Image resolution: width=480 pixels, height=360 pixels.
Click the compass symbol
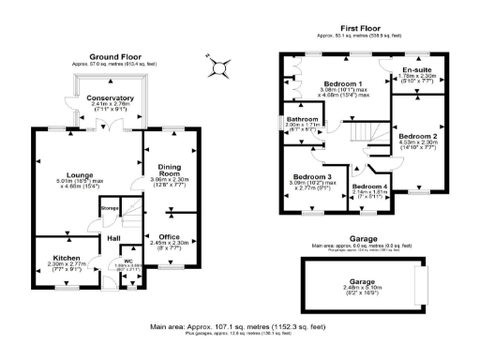click(218, 67)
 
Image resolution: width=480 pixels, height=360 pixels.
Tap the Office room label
click(169, 236)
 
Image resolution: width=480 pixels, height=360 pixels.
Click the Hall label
click(113, 238)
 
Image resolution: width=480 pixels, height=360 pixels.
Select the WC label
click(127, 262)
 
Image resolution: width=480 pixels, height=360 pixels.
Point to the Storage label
click(109, 208)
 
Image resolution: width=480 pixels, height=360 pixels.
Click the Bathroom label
click(302, 118)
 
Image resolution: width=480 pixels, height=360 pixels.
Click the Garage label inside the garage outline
click(354, 281)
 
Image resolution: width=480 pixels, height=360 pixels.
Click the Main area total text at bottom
click(238, 326)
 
